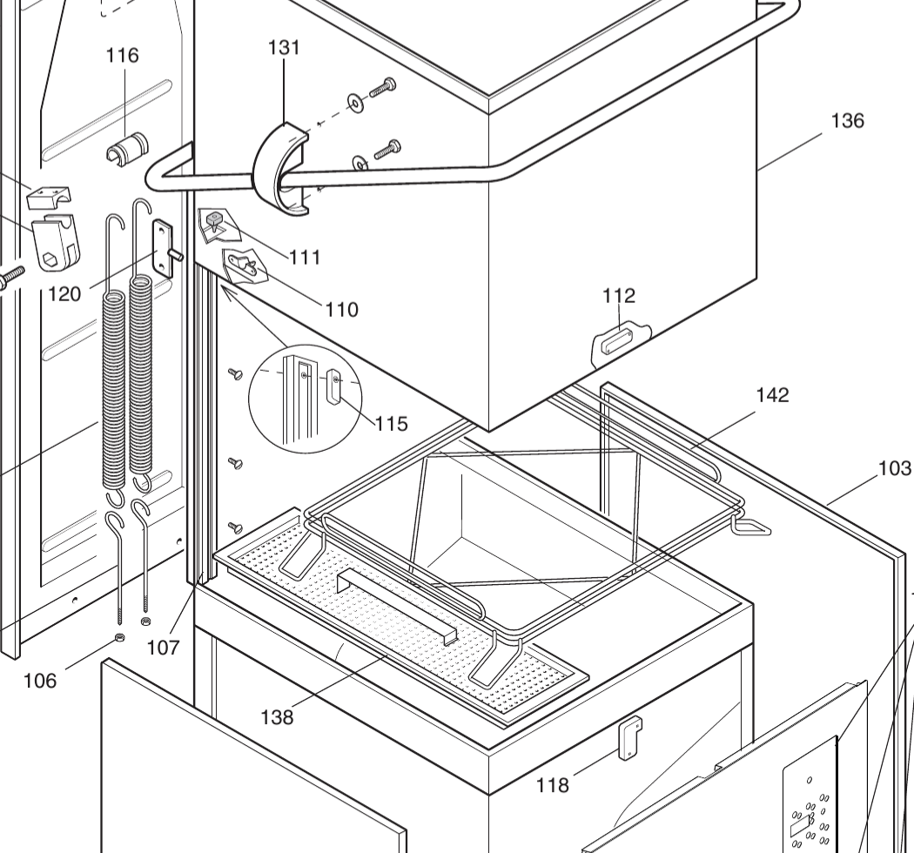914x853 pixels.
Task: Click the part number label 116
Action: [122, 56]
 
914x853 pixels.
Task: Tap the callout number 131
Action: [284, 48]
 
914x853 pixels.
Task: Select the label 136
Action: [847, 121]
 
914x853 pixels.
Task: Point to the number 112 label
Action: [619, 296]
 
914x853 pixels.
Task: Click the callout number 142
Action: [772, 395]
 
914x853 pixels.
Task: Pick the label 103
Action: [895, 469]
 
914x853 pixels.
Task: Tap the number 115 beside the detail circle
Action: [391, 424]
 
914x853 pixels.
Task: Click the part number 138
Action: [277, 717]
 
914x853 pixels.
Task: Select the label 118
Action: [553, 785]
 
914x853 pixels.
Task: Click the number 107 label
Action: [163, 648]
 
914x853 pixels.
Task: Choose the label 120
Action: [64, 293]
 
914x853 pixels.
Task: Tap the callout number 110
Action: [342, 309]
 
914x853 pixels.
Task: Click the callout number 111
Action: [305, 257]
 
